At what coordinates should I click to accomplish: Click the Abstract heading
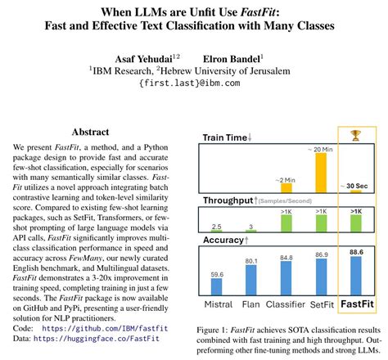click(x=97, y=132)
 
